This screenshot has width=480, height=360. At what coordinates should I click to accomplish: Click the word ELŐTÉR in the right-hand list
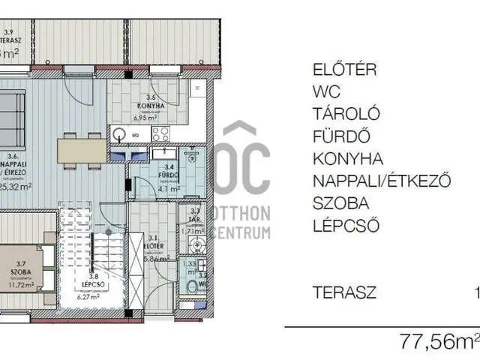point(344,70)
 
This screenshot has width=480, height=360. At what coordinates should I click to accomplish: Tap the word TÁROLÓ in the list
point(346,114)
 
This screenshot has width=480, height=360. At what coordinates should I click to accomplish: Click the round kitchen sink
point(121,135)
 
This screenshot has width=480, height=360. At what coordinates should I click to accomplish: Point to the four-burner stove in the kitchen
point(162,134)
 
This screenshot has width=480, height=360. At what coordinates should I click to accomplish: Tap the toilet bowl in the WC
point(193,288)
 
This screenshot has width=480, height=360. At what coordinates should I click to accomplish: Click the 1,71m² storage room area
point(193,232)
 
